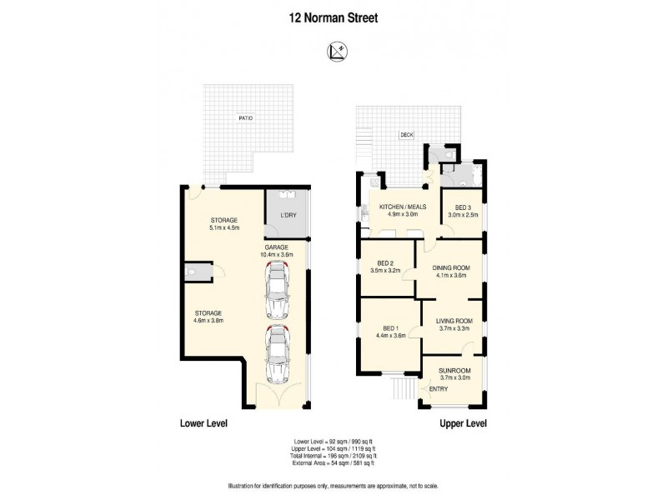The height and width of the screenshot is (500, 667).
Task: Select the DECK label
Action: click(406, 133)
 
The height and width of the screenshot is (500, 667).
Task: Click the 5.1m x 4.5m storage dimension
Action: click(223, 227)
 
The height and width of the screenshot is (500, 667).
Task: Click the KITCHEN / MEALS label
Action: click(402, 207)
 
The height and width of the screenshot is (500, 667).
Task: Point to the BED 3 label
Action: click(464, 207)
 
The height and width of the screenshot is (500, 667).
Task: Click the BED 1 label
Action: click(389, 328)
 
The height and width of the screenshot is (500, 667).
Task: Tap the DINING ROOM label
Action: click(451, 267)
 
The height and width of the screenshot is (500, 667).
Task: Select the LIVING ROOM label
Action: click(455, 321)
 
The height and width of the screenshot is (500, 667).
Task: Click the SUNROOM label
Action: click(455, 370)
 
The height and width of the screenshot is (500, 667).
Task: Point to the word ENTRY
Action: click(438, 389)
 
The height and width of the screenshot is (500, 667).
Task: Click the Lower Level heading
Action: click(203, 423)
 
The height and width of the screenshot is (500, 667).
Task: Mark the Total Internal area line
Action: click(333, 457)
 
